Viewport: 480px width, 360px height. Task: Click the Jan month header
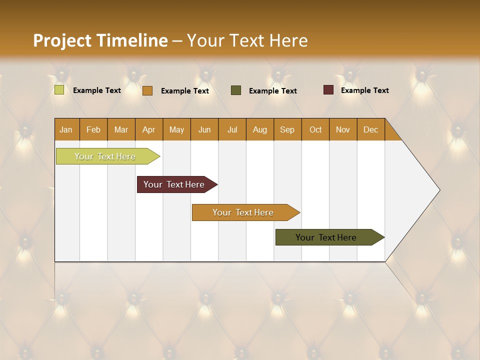click(66, 129)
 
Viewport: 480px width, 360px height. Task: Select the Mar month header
click(121, 129)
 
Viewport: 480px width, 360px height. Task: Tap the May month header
click(176, 129)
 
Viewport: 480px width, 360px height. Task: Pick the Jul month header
click(232, 129)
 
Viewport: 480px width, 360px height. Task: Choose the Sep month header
click(287, 129)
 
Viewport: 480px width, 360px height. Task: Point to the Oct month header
click(315, 129)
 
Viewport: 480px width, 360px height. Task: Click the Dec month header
click(370, 129)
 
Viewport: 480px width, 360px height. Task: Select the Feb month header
click(93, 129)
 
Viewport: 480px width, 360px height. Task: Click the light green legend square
click(59, 90)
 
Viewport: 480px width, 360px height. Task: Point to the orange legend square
click(147, 90)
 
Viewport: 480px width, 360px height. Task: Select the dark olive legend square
click(236, 90)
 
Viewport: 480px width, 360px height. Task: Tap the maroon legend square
click(328, 90)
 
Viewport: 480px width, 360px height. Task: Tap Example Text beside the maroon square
click(364, 90)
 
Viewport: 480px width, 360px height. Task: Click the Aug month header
click(259, 129)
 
